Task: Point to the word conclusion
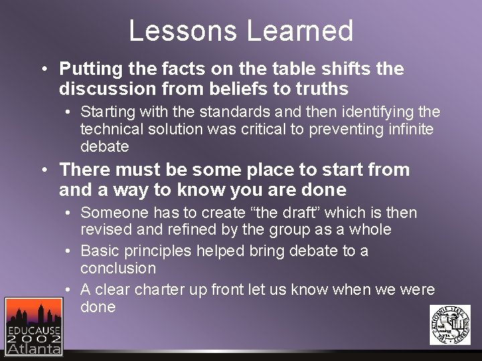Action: click(x=118, y=268)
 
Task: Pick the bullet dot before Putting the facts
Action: click(x=43, y=69)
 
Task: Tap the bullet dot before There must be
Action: click(x=43, y=170)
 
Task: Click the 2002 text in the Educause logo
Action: click(x=33, y=339)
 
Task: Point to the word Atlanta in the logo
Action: click(x=33, y=348)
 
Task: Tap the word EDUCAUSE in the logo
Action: click(x=33, y=330)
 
